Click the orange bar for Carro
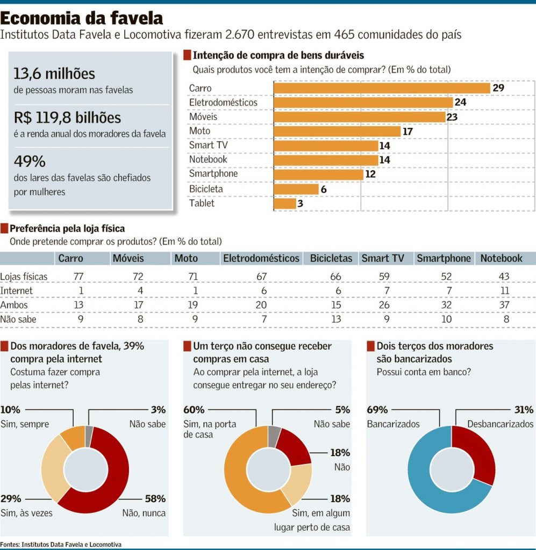pos(382,88)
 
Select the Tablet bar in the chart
pos(285,204)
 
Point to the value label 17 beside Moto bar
pos(408,132)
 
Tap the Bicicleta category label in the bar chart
pos(206,189)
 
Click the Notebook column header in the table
pos(501,258)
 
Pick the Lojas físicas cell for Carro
pos(78,277)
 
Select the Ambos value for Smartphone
pos(446,305)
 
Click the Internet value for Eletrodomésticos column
pos(263,291)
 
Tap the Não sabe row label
pos(18,319)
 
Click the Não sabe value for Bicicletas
pos(336,319)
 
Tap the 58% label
pos(155,498)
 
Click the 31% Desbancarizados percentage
pos(524,410)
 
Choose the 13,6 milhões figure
pos(54,74)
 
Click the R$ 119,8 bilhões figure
pos(67,118)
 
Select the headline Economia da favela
pos(81,18)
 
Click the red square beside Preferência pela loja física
pos(4,228)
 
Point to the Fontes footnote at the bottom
pos(61,545)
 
